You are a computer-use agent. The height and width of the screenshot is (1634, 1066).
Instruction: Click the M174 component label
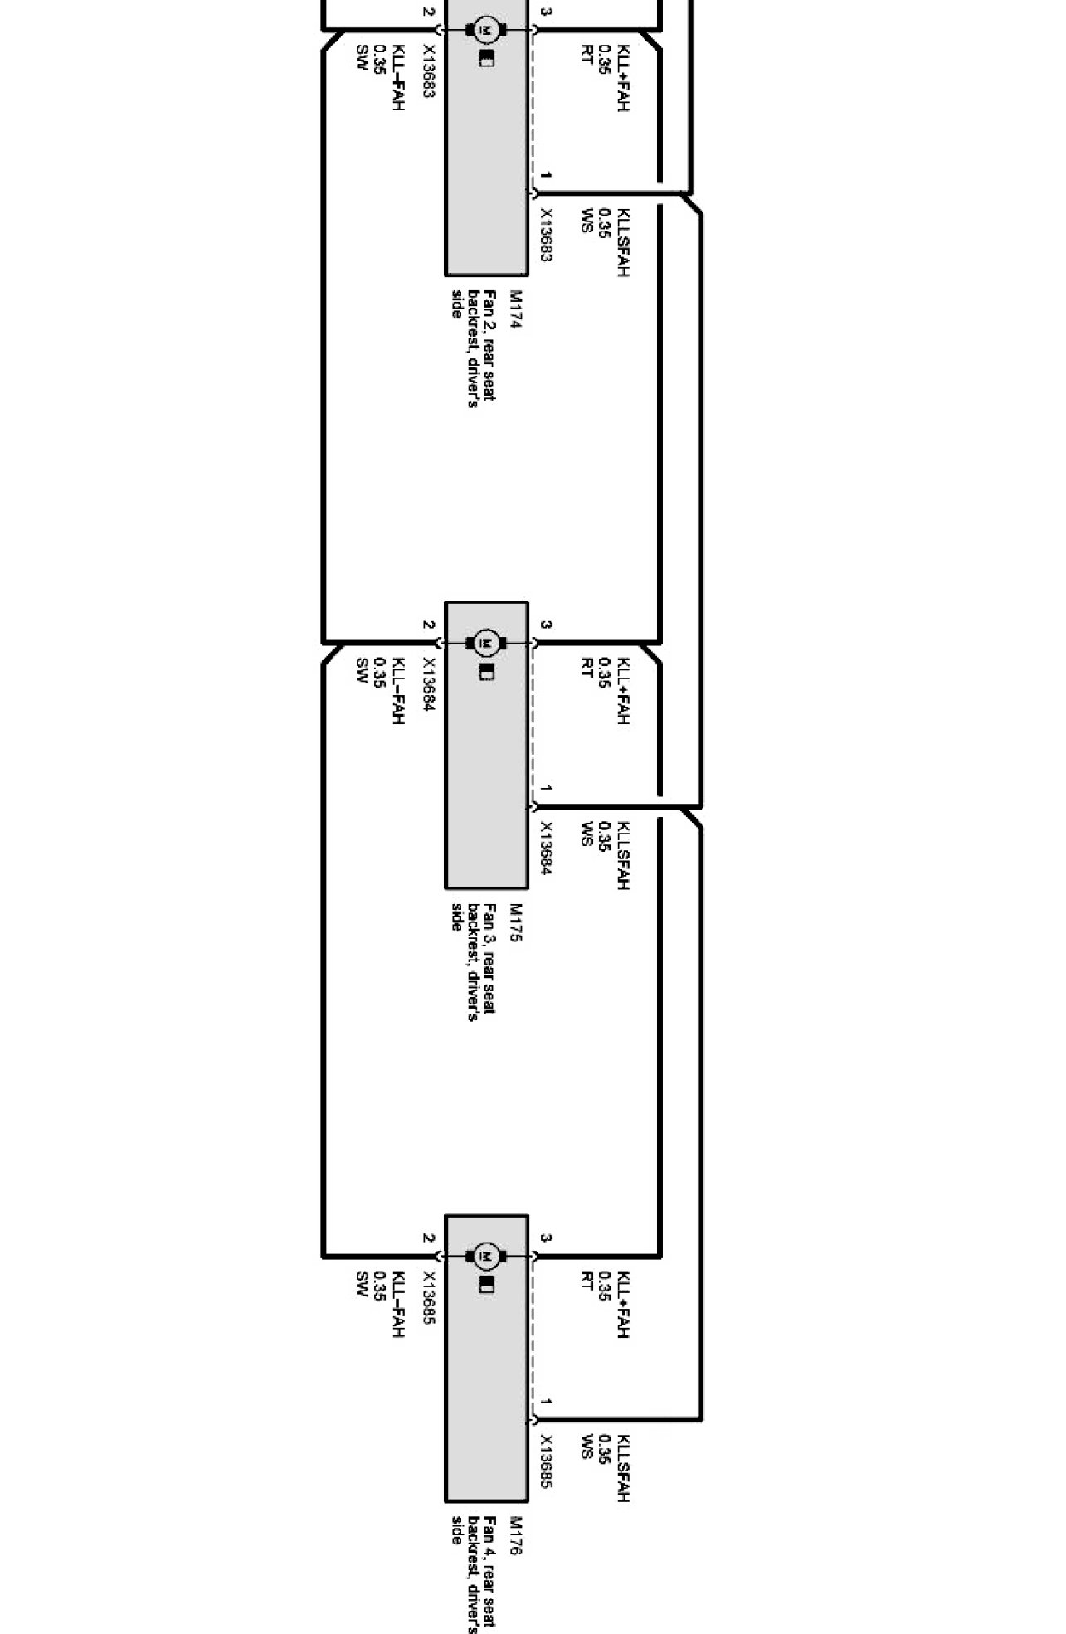[515, 309]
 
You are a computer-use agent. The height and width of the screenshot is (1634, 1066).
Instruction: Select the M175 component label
[515, 922]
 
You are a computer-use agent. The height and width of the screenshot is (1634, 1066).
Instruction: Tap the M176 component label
[515, 1535]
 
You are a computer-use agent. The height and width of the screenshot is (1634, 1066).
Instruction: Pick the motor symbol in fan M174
[487, 31]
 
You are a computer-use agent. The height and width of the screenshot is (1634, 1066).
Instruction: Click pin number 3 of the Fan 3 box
[546, 625]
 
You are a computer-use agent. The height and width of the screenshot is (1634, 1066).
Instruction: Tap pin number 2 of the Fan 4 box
[428, 1238]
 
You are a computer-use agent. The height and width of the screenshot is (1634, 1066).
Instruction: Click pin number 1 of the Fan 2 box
[546, 176]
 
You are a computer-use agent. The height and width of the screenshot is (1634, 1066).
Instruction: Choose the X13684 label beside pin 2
[428, 684]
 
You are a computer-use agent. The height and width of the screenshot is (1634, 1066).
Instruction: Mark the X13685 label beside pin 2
[428, 1297]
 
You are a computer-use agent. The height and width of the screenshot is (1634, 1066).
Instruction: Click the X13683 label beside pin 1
[546, 235]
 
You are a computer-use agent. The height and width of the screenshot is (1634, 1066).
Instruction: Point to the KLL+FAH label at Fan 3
[623, 691]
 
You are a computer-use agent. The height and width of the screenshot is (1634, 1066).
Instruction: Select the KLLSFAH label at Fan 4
[623, 1468]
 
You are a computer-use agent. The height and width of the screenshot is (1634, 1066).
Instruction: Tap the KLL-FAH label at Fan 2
[397, 78]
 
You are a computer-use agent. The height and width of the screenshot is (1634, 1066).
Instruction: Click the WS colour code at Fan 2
[587, 220]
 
